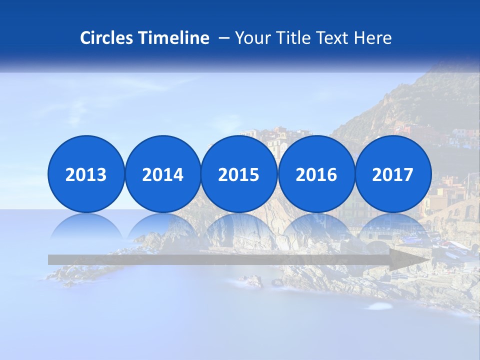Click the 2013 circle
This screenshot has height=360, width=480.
coord(86,174)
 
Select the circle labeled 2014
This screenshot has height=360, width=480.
coord(162,174)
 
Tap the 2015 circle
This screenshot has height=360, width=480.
coord(239,174)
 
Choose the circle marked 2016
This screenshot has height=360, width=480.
coord(316,174)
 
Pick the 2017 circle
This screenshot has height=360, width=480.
coord(392,174)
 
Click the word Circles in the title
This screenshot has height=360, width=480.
coord(107,38)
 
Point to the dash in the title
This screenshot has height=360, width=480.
coord(224,38)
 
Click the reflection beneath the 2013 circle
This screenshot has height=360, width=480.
coord(86,227)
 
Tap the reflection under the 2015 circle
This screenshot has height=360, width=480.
coord(239,227)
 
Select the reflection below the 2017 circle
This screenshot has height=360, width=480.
coord(392,227)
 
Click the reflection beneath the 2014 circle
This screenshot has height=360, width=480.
coord(162,227)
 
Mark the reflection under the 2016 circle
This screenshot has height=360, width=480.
coord(316,227)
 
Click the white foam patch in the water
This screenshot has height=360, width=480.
coord(380,305)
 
